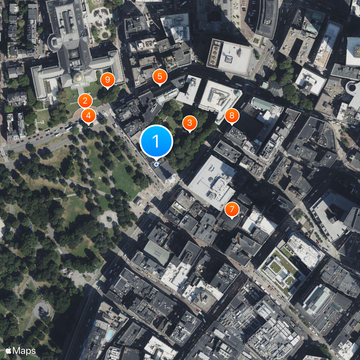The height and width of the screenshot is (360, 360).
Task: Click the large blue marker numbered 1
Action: [156, 141]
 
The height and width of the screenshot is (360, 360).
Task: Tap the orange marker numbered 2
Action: [85, 101]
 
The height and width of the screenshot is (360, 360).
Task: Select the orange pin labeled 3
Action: [189, 122]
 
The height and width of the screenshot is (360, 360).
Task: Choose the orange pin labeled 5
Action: [159, 76]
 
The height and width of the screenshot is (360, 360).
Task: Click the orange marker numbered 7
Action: [232, 209]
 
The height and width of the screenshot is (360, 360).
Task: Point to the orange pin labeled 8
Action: [232, 116]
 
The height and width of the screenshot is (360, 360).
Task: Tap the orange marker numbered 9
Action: [107, 80]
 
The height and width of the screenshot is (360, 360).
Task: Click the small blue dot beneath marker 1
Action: [156, 164]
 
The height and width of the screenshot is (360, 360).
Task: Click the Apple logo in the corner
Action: [8, 350]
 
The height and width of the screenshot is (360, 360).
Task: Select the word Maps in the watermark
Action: [24, 350]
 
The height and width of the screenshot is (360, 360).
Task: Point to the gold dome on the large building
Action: [79, 77]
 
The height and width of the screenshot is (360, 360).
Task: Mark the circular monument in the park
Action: [41, 309]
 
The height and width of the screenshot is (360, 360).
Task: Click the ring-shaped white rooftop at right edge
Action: [353, 90]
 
